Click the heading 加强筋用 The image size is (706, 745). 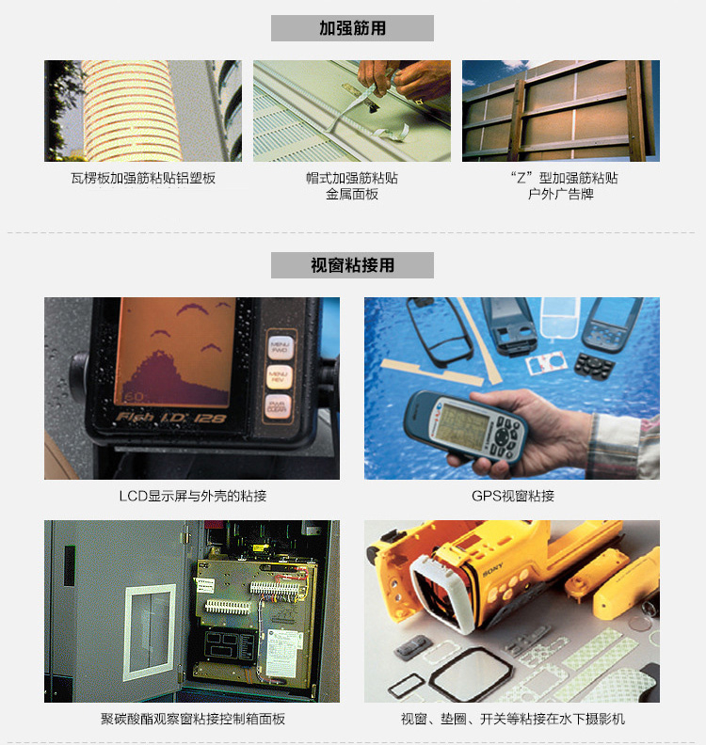352,28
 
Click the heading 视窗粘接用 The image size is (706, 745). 352,265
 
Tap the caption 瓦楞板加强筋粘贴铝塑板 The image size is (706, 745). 143,178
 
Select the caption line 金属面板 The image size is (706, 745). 352,194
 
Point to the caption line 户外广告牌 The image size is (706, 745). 560,194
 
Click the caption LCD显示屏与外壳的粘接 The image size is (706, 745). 193,496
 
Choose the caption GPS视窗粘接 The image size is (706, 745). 512,496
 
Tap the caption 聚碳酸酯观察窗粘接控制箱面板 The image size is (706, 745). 193,719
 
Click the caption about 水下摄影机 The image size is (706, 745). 512,719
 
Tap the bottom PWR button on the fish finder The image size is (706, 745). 278,406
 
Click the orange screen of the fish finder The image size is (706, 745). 174,352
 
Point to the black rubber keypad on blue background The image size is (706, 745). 594,364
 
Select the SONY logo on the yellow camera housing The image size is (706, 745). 492,570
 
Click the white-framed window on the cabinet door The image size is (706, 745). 150,632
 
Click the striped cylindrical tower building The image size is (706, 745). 131,111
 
